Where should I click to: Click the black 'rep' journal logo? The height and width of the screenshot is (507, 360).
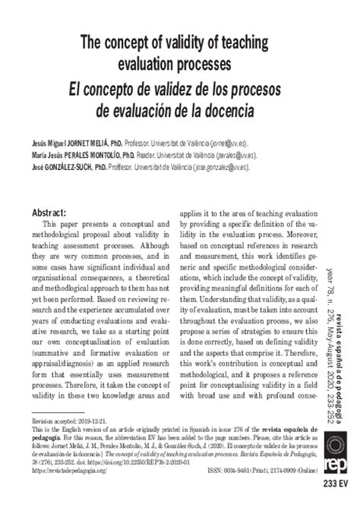335,458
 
